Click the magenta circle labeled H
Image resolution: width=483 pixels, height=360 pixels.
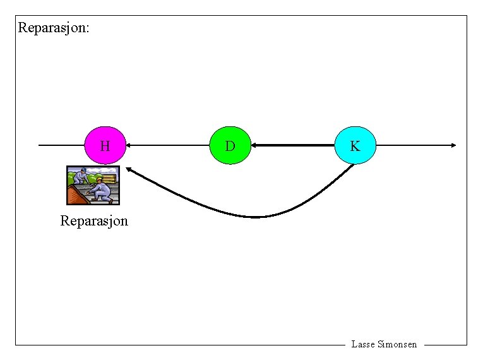tap(105, 146)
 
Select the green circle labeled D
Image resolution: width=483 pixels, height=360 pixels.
tap(230, 146)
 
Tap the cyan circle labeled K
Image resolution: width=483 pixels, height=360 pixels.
tap(355, 146)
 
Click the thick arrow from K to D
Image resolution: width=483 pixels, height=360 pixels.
tap(294, 145)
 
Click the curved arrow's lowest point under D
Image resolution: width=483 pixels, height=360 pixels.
tap(256, 217)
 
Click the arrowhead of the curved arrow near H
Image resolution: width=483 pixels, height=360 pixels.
tap(128, 169)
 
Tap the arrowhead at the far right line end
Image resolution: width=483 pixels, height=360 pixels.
tap(453, 145)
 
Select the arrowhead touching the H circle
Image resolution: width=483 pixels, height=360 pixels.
tap(129, 145)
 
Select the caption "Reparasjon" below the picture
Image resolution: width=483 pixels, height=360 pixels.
tap(94, 221)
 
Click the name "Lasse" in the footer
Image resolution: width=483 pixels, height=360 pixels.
tap(362, 344)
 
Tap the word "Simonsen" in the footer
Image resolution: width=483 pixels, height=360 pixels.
tap(397, 344)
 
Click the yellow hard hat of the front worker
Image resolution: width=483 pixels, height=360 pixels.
tap(99, 179)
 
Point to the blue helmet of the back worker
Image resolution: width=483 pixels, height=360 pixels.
tap(84, 170)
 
